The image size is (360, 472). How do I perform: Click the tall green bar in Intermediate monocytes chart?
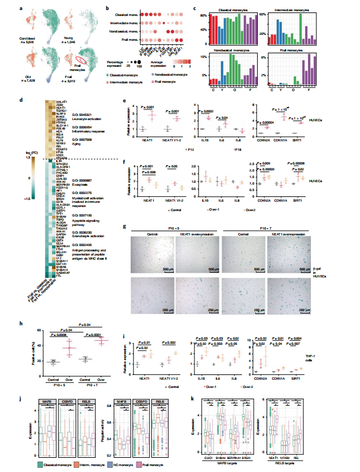301,31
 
